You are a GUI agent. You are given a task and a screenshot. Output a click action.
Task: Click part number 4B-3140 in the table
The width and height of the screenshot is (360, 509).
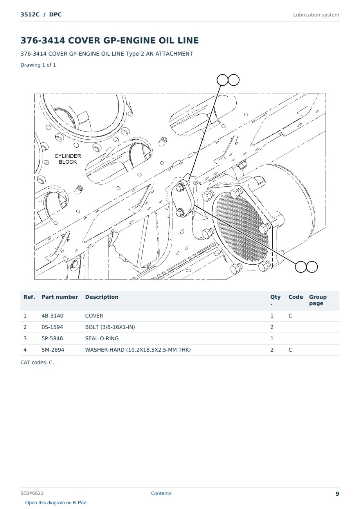(52, 316)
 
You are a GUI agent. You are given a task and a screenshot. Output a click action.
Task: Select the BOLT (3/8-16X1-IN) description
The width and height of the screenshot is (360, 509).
(110, 327)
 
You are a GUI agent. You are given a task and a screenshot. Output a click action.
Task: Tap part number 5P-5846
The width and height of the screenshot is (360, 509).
(52, 338)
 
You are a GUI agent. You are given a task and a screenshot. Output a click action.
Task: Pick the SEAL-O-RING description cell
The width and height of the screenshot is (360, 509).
(102, 338)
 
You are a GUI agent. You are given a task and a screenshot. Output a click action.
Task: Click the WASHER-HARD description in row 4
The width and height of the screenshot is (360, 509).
(138, 350)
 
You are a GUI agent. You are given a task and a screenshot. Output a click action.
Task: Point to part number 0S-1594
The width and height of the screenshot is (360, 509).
(52, 327)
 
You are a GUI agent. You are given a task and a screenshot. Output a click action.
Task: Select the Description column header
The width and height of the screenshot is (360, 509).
(102, 297)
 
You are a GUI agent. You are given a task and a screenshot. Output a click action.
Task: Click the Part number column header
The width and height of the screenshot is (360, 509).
(60, 297)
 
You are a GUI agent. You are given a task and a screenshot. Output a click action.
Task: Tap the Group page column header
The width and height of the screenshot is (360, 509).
(318, 300)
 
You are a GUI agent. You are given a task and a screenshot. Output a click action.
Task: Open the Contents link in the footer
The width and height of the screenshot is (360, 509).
(161, 493)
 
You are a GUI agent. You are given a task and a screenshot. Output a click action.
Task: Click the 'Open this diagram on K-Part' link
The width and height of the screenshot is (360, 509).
(56, 503)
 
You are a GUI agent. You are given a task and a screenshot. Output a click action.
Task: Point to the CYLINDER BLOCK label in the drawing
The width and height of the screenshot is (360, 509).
(68, 159)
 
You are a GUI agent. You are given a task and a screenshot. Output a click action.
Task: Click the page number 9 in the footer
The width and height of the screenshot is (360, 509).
(337, 494)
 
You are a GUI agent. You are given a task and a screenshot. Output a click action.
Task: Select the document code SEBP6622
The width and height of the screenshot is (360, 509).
(32, 493)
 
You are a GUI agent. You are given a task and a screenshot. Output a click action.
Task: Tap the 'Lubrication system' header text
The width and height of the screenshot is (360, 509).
(316, 15)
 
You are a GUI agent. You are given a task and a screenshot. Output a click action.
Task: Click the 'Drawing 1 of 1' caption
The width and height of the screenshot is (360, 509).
(38, 65)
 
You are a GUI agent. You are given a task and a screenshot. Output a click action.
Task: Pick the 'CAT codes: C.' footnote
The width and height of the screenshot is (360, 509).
(37, 363)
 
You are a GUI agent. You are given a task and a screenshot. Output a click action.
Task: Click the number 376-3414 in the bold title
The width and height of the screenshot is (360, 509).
(43, 40)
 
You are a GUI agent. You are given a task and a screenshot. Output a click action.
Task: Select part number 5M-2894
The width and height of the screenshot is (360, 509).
(53, 350)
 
